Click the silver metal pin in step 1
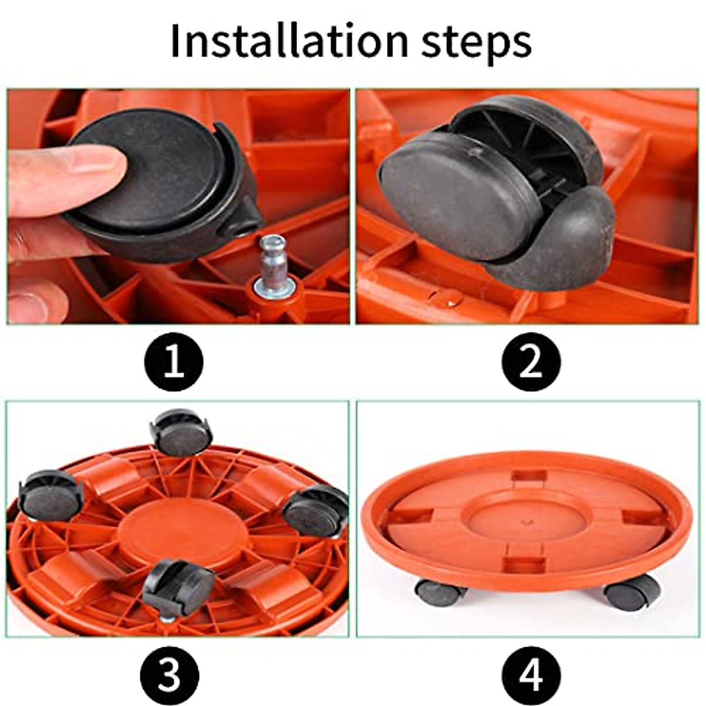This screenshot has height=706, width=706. [x=272, y=262]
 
